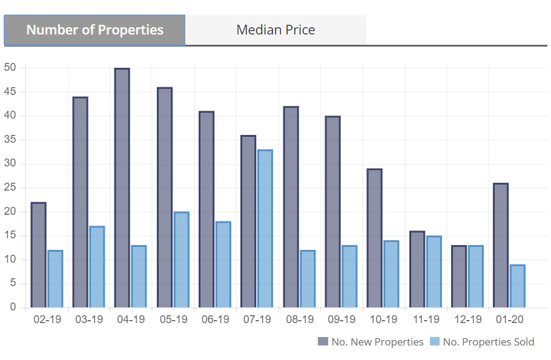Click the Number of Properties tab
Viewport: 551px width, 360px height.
pyautogui.click(x=94, y=30)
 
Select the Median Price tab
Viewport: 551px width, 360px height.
pyautogui.click(x=275, y=30)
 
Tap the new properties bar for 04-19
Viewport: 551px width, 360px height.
pyautogui.click(x=122, y=188)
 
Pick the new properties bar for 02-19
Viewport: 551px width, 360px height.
pyautogui.click(x=38, y=255)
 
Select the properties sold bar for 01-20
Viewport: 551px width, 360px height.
pyautogui.click(x=517, y=286)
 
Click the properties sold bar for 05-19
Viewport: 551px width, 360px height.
pyautogui.click(x=181, y=260)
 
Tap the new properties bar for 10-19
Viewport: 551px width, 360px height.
pyautogui.click(x=374, y=238)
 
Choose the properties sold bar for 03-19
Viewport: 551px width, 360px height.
pyautogui.click(x=97, y=267)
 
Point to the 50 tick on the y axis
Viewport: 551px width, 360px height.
pyautogui.click(x=10, y=68)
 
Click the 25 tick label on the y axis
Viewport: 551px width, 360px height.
pyautogui.click(x=10, y=188)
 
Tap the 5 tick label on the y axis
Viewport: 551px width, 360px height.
pyautogui.click(x=13, y=284)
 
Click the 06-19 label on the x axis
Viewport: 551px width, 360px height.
pyautogui.click(x=215, y=319)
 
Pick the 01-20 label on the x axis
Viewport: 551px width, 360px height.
pyautogui.click(x=509, y=319)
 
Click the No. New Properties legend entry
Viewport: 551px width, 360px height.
pyautogui.click(x=371, y=342)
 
